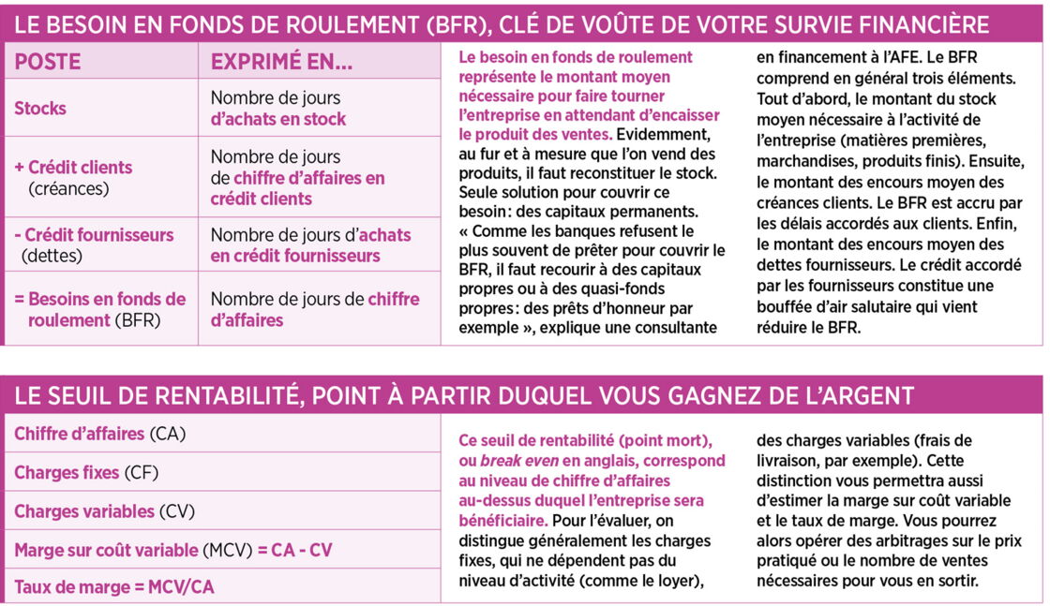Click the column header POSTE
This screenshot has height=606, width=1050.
(48, 62)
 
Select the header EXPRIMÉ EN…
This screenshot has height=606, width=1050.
(281, 62)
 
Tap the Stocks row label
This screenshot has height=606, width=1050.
(40, 109)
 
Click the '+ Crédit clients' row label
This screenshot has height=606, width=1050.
(74, 168)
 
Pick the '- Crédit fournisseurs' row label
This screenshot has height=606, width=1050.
(94, 235)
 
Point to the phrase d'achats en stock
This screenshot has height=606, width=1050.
(277, 120)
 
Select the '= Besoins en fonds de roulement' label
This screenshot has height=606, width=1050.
(100, 309)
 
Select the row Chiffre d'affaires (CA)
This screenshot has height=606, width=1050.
(99, 435)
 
